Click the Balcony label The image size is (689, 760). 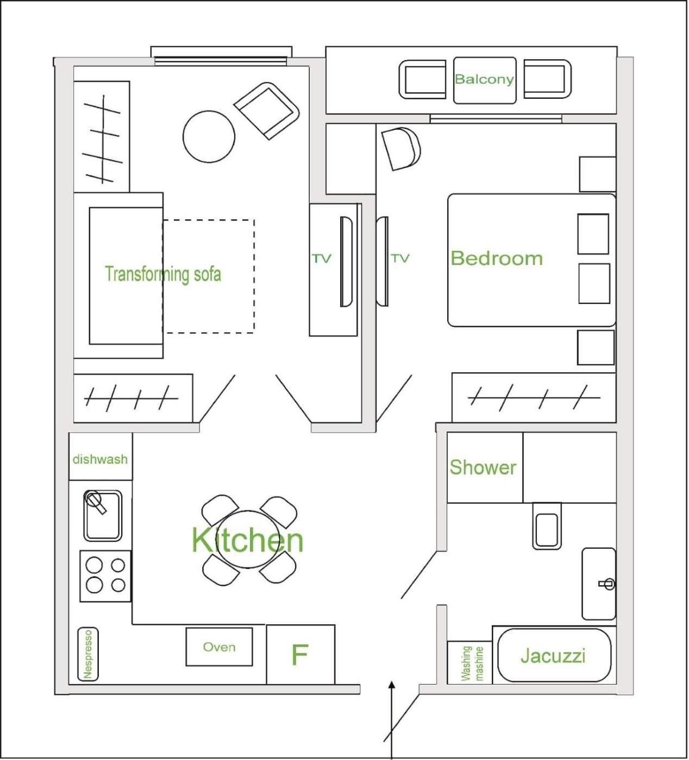click(x=484, y=79)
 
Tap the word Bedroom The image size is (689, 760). click(x=497, y=258)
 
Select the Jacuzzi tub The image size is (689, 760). click(x=554, y=655)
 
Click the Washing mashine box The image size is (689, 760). click(x=469, y=663)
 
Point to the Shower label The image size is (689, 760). click(x=483, y=467)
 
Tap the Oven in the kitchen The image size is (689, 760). click(x=220, y=647)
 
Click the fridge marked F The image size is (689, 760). click(x=300, y=654)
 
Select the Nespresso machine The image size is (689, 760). click(x=88, y=654)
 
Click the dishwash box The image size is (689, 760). click(x=101, y=457)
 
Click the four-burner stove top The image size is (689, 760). click(x=105, y=576)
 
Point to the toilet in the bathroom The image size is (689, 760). click(x=547, y=526)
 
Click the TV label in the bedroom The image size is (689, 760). click(x=400, y=258)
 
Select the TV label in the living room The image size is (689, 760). click(x=321, y=258)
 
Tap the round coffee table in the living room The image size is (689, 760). click(x=209, y=137)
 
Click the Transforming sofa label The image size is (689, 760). click(x=163, y=274)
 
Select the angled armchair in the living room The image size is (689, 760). click(x=266, y=111)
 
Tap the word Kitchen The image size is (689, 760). click(x=248, y=540)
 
